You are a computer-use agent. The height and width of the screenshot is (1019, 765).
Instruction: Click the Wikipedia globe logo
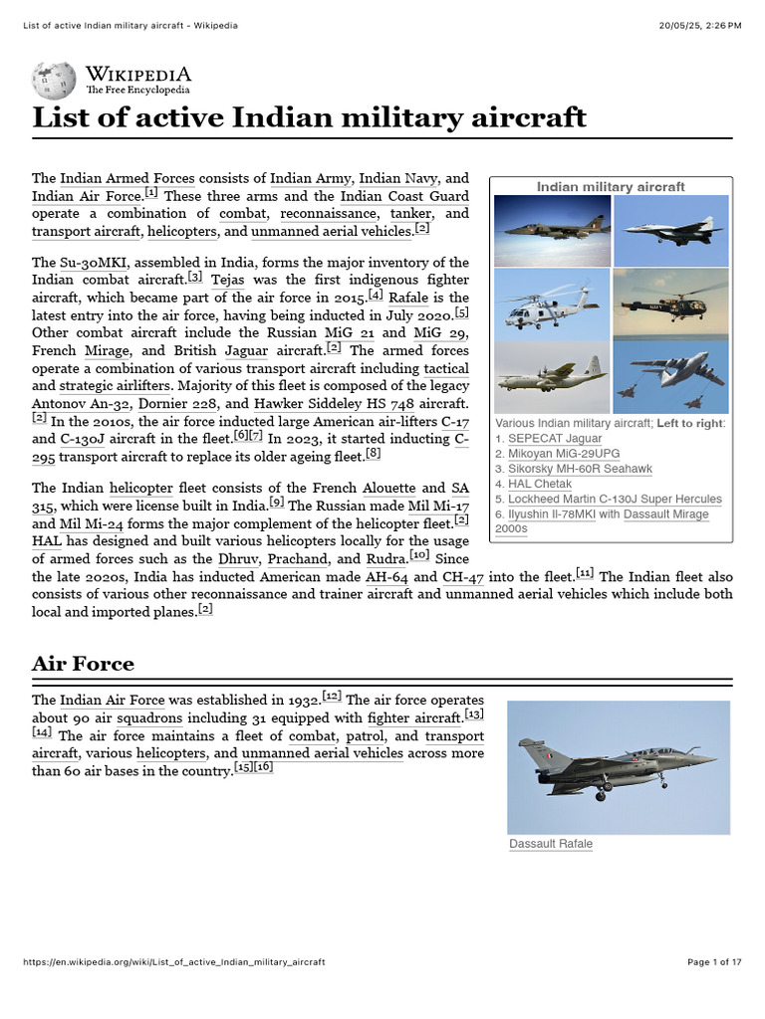54,81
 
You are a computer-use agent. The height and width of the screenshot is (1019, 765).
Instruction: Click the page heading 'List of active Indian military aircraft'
309,117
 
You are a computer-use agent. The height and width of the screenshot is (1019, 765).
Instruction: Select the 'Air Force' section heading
83,663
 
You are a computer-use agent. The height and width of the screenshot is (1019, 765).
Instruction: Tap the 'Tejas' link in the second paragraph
227,281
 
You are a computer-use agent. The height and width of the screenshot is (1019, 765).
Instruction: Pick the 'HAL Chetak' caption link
540,484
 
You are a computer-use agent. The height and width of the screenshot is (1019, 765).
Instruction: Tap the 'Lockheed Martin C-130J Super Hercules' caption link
615,500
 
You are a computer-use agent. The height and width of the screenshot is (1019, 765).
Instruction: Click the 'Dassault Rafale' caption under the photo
551,844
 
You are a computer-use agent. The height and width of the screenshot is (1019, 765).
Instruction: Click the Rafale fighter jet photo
618,766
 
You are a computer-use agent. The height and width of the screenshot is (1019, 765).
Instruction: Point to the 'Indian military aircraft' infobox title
611,187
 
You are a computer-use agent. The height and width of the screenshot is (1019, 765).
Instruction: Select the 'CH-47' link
459,576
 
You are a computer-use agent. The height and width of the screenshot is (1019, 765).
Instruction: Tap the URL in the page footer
173,962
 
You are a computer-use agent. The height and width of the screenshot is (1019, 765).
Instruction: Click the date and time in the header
700,25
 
